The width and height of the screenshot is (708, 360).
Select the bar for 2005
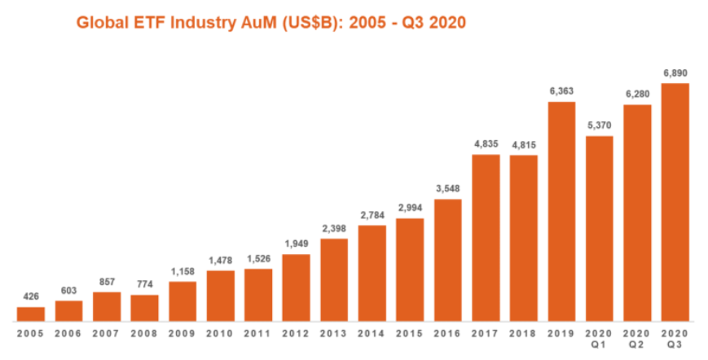click(x=31, y=313)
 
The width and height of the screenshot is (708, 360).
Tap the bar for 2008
click(x=144, y=307)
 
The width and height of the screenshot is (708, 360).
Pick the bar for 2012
click(x=296, y=287)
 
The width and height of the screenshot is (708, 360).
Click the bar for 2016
click(x=447, y=260)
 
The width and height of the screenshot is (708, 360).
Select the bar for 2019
click(x=561, y=211)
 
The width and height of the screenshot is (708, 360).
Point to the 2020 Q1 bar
click(x=599, y=228)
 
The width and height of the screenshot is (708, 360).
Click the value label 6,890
click(x=675, y=73)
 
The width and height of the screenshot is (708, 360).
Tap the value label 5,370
click(x=599, y=125)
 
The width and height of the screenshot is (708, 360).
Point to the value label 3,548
click(x=447, y=189)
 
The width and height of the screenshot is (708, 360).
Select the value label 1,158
click(x=182, y=271)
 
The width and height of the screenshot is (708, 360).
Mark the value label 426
click(x=31, y=296)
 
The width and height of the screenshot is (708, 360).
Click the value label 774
click(x=144, y=284)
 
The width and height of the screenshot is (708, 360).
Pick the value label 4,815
click(x=523, y=144)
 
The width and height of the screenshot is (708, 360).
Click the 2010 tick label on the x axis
click(x=220, y=334)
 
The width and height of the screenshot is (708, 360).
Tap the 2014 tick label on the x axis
click(x=372, y=334)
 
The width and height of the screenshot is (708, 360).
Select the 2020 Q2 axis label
click(x=637, y=339)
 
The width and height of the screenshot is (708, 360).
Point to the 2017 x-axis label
click(x=486, y=334)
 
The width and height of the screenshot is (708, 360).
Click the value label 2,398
click(x=334, y=229)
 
